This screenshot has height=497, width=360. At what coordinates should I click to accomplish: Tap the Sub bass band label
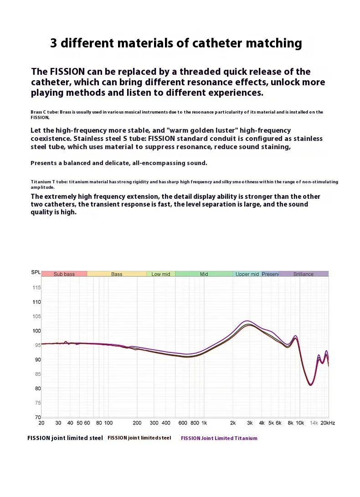64,274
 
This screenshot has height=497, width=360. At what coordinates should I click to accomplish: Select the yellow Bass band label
117,274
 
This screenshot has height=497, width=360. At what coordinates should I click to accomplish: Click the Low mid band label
160,274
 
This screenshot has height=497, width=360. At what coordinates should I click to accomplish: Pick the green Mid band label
204,274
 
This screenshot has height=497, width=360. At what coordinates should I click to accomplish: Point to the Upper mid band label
247,274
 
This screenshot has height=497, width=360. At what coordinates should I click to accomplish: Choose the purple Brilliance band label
303,274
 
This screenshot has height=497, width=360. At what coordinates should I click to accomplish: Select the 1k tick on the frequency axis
204,423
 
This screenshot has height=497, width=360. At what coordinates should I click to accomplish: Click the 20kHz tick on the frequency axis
327,423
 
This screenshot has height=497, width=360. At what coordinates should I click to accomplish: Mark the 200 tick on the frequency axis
137,423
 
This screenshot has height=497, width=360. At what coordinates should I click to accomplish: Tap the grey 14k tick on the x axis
314,423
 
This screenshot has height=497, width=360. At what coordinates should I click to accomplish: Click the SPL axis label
36,272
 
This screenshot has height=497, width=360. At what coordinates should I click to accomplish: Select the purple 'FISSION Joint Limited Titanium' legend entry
219,438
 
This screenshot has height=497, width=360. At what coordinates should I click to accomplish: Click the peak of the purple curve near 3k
247,321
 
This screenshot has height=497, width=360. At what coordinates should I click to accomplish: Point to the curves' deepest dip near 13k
310,384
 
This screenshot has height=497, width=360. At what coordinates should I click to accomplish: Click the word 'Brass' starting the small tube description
36,112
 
